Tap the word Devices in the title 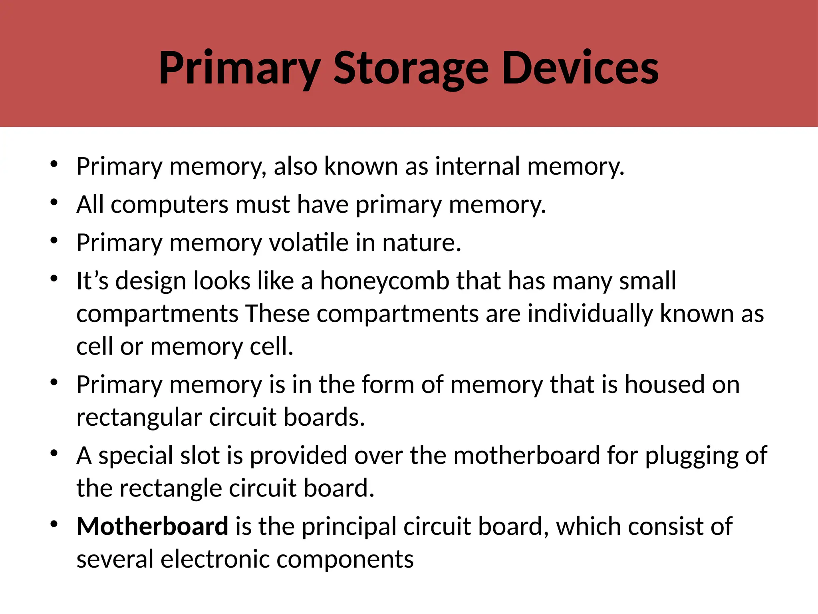click(580, 68)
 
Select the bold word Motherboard click(152, 526)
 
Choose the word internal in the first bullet click(477, 166)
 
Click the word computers click(169, 205)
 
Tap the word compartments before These click(157, 314)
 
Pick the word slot click(200, 456)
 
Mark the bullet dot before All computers click(54, 202)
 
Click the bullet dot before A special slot click(54, 453)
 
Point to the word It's click(92, 281)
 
